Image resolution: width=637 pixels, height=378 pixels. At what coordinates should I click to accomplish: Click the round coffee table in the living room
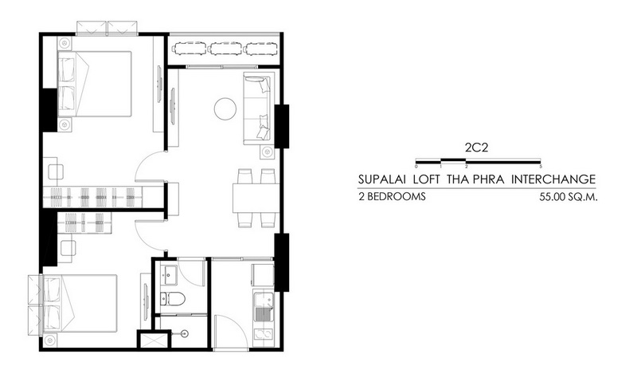click(225, 108)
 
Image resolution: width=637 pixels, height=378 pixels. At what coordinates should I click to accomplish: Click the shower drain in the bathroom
click(185, 333)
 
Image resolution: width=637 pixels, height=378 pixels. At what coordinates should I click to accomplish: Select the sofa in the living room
click(256, 108)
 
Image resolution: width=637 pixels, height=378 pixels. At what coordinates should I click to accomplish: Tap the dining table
click(256, 198)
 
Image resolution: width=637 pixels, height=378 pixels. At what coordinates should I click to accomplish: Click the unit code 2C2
click(476, 148)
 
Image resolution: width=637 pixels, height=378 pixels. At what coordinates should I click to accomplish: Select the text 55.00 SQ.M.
click(569, 197)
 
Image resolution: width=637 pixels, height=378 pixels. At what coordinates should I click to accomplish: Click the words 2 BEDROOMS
click(392, 197)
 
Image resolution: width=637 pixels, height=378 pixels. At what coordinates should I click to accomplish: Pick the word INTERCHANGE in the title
click(553, 179)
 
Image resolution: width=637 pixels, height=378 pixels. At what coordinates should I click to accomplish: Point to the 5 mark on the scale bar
click(541, 166)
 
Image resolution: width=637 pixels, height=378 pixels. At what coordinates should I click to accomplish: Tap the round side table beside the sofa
click(267, 152)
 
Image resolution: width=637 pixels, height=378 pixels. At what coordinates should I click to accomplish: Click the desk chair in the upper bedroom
click(56, 171)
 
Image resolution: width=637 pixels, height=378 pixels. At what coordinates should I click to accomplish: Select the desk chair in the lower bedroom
click(68, 248)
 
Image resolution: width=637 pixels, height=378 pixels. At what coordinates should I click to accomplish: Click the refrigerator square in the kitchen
click(263, 275)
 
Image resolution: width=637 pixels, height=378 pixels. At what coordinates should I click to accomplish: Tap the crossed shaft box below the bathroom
click(152, 341)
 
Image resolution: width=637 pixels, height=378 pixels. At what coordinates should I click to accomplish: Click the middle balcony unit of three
click(225, 49)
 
